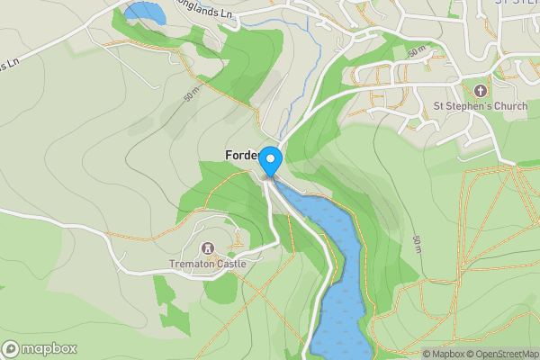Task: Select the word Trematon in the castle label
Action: tap(191, 265)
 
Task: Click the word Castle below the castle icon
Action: tap(229, 265)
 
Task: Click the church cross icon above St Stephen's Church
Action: tap(480, 91)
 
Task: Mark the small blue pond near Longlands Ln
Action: tap(144, 13)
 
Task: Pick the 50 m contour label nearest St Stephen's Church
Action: tap(416, 53)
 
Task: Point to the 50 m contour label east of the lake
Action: tap(417, 244)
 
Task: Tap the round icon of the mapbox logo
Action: tap(11, 348)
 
